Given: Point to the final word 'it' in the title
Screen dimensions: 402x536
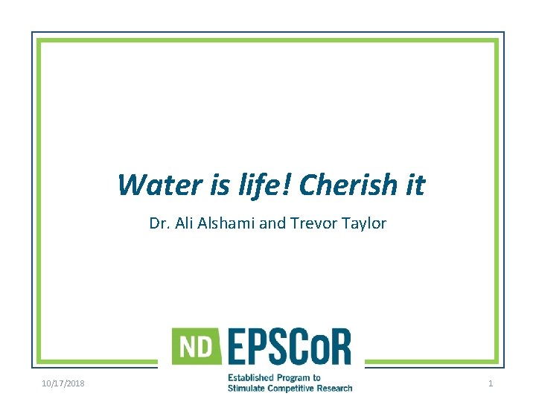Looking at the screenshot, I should (x=415, y=185).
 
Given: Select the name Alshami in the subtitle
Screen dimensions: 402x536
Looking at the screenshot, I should (x=224, y=223).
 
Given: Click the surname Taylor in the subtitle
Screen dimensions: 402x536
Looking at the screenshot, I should (x=362, y=223).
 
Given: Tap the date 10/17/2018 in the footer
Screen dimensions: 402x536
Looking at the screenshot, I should (x=63, y=383).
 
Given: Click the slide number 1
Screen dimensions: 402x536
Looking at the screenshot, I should (x=491, y=383).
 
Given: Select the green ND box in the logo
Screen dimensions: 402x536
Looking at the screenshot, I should (x=196, y=346).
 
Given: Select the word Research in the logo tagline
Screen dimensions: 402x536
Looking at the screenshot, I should (x=334, y=388).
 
